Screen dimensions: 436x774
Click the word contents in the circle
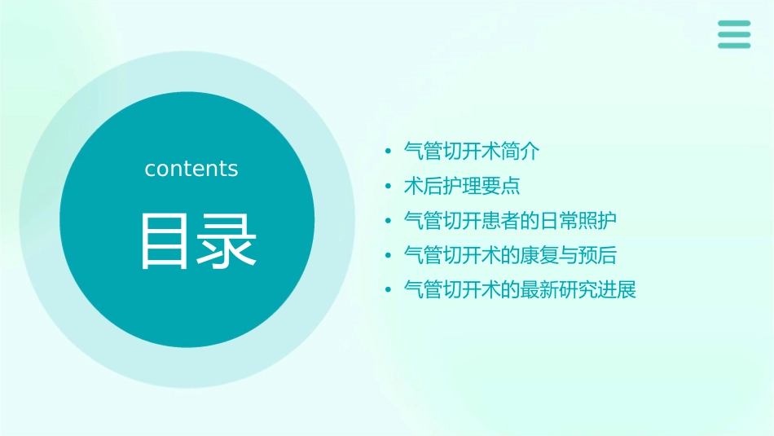click(x=191, y=169)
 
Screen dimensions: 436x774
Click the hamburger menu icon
click(x=733, y=34)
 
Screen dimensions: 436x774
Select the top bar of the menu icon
click(x=733, y=23)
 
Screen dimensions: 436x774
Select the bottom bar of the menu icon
click(x=733, y=46)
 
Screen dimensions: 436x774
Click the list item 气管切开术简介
click(x=472, y=151)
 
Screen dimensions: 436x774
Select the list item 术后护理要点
click(x=462, y=186)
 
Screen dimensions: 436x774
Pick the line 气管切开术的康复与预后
click(x=511, y=255)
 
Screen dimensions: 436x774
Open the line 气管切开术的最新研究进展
click(x=520, y=289)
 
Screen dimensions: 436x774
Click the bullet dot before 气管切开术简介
click(x=389, y=152)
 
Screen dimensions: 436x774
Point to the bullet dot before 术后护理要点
click(x=389, y=187)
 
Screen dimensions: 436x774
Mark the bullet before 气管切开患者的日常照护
click(x=389, y=222)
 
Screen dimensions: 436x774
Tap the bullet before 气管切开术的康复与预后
click(x=389, y=256)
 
